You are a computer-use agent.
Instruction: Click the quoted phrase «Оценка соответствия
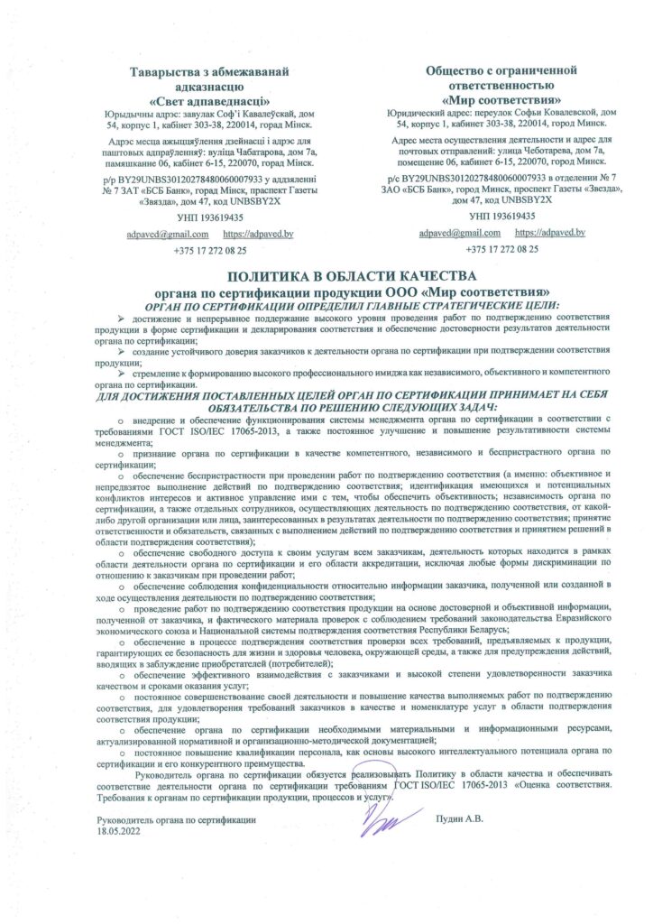coord(556,785)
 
